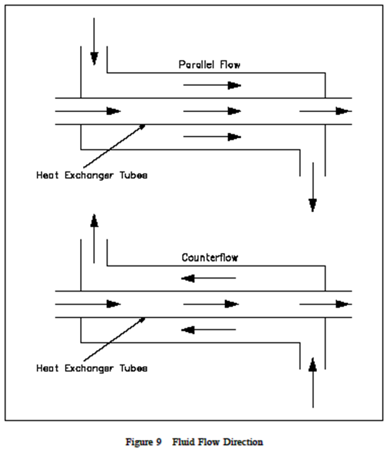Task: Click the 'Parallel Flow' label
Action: point(209,64)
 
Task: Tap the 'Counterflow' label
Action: point(210,257)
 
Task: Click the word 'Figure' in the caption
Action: point(139,442)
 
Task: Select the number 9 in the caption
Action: point(159,442)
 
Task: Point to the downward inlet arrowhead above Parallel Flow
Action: point(94,58)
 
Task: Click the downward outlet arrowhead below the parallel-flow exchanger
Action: point(313,205)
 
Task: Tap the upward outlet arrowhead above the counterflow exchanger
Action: point(94,220)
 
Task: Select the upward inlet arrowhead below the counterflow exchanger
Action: point(313,364)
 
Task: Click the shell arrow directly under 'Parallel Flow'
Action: point(212,85)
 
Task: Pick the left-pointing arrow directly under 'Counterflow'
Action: point(208,278)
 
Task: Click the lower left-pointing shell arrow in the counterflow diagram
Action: point(208,330)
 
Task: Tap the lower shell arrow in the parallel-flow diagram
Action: point(212,137)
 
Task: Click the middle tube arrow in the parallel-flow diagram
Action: point(212,111)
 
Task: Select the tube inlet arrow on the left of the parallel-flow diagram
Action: point(88,111)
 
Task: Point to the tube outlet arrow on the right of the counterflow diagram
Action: point(325,304)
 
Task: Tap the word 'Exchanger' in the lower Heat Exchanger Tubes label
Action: point(89,368)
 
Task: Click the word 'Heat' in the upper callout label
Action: point(48,175)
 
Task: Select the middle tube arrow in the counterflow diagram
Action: point(211,304)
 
